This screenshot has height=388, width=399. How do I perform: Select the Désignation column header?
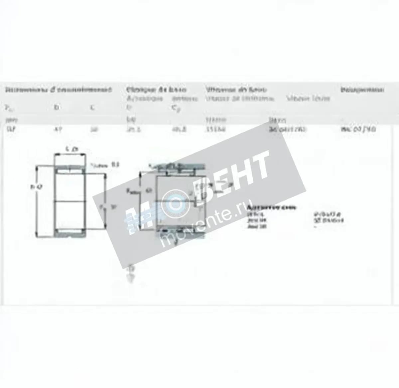point(362,90)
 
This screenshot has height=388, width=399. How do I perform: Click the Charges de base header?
point(156,90)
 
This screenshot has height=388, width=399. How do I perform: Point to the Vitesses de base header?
point(236,90)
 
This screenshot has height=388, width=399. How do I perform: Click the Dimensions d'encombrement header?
point(59,90)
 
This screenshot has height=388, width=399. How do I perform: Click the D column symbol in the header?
point(56,108)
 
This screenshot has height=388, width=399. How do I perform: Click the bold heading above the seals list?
point(271,207)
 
